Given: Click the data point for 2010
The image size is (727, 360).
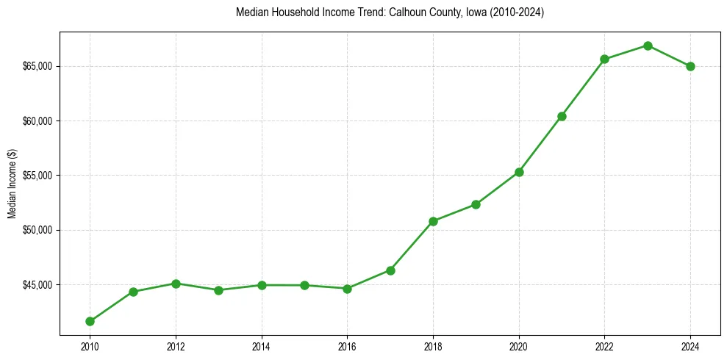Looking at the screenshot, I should coord(90,321).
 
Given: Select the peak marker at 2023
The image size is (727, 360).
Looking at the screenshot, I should coord(648,46).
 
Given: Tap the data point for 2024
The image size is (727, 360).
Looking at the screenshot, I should coord(690,66).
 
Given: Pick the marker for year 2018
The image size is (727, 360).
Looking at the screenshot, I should coord(433,221).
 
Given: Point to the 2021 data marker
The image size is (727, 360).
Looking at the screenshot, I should coord(562,116).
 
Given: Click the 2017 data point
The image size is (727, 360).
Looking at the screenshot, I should coord(390,270).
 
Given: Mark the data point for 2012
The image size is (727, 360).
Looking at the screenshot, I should coord(176,283).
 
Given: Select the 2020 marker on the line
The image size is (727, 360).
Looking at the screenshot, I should coord(519,172).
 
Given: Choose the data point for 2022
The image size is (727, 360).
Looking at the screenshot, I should coord(604,59).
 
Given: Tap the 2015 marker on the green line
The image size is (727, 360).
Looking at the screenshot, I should coord(304,285).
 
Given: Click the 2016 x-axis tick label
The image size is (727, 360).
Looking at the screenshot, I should coord(347,347).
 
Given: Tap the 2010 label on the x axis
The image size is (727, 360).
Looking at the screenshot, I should coord(90,347).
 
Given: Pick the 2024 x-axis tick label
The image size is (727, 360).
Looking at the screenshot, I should coord(690,347).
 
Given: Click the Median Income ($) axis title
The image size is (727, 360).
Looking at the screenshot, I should coord(12,183).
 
